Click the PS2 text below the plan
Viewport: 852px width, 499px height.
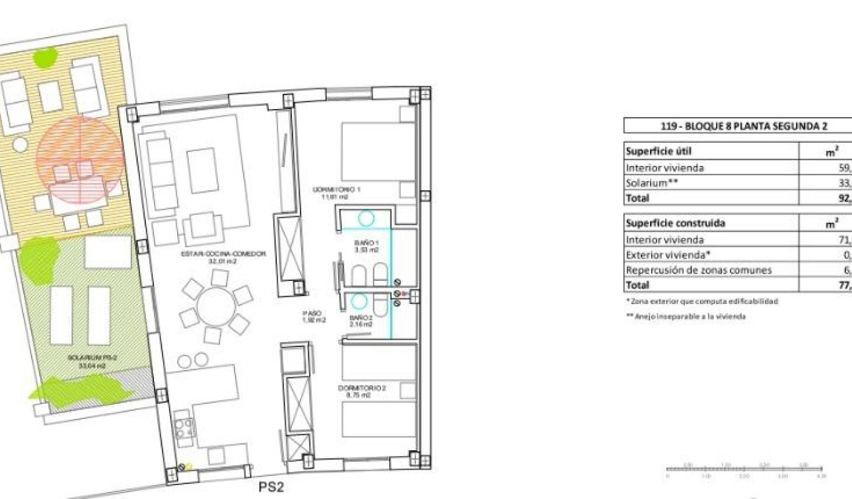(271, 488)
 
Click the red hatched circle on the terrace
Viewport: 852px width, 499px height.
(80, 159)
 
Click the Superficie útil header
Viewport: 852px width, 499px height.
(658, 151)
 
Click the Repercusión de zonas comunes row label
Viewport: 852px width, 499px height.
(698, 270)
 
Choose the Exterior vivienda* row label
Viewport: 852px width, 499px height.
(665, 254)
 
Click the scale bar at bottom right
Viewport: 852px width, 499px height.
(745, 469)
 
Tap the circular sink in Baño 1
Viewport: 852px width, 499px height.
(367, 219)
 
